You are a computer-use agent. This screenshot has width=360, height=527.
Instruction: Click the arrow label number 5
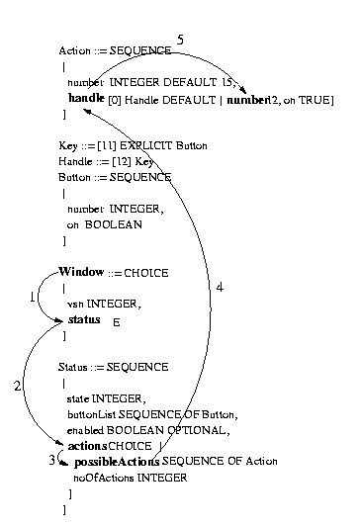(181, 39)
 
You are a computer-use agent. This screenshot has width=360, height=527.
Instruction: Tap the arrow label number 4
(220, 287)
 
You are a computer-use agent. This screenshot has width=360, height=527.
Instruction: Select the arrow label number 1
(32, 296)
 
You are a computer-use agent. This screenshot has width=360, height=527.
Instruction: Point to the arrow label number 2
(17, 386)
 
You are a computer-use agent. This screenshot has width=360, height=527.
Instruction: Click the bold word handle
(86, 100)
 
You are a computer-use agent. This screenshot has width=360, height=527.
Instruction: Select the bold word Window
(81, 272)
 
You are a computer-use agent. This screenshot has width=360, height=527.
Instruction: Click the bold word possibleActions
(109, 462)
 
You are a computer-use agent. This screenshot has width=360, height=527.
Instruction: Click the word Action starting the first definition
(75, 51)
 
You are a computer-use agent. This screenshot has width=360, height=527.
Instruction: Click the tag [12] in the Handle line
(124, 160)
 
